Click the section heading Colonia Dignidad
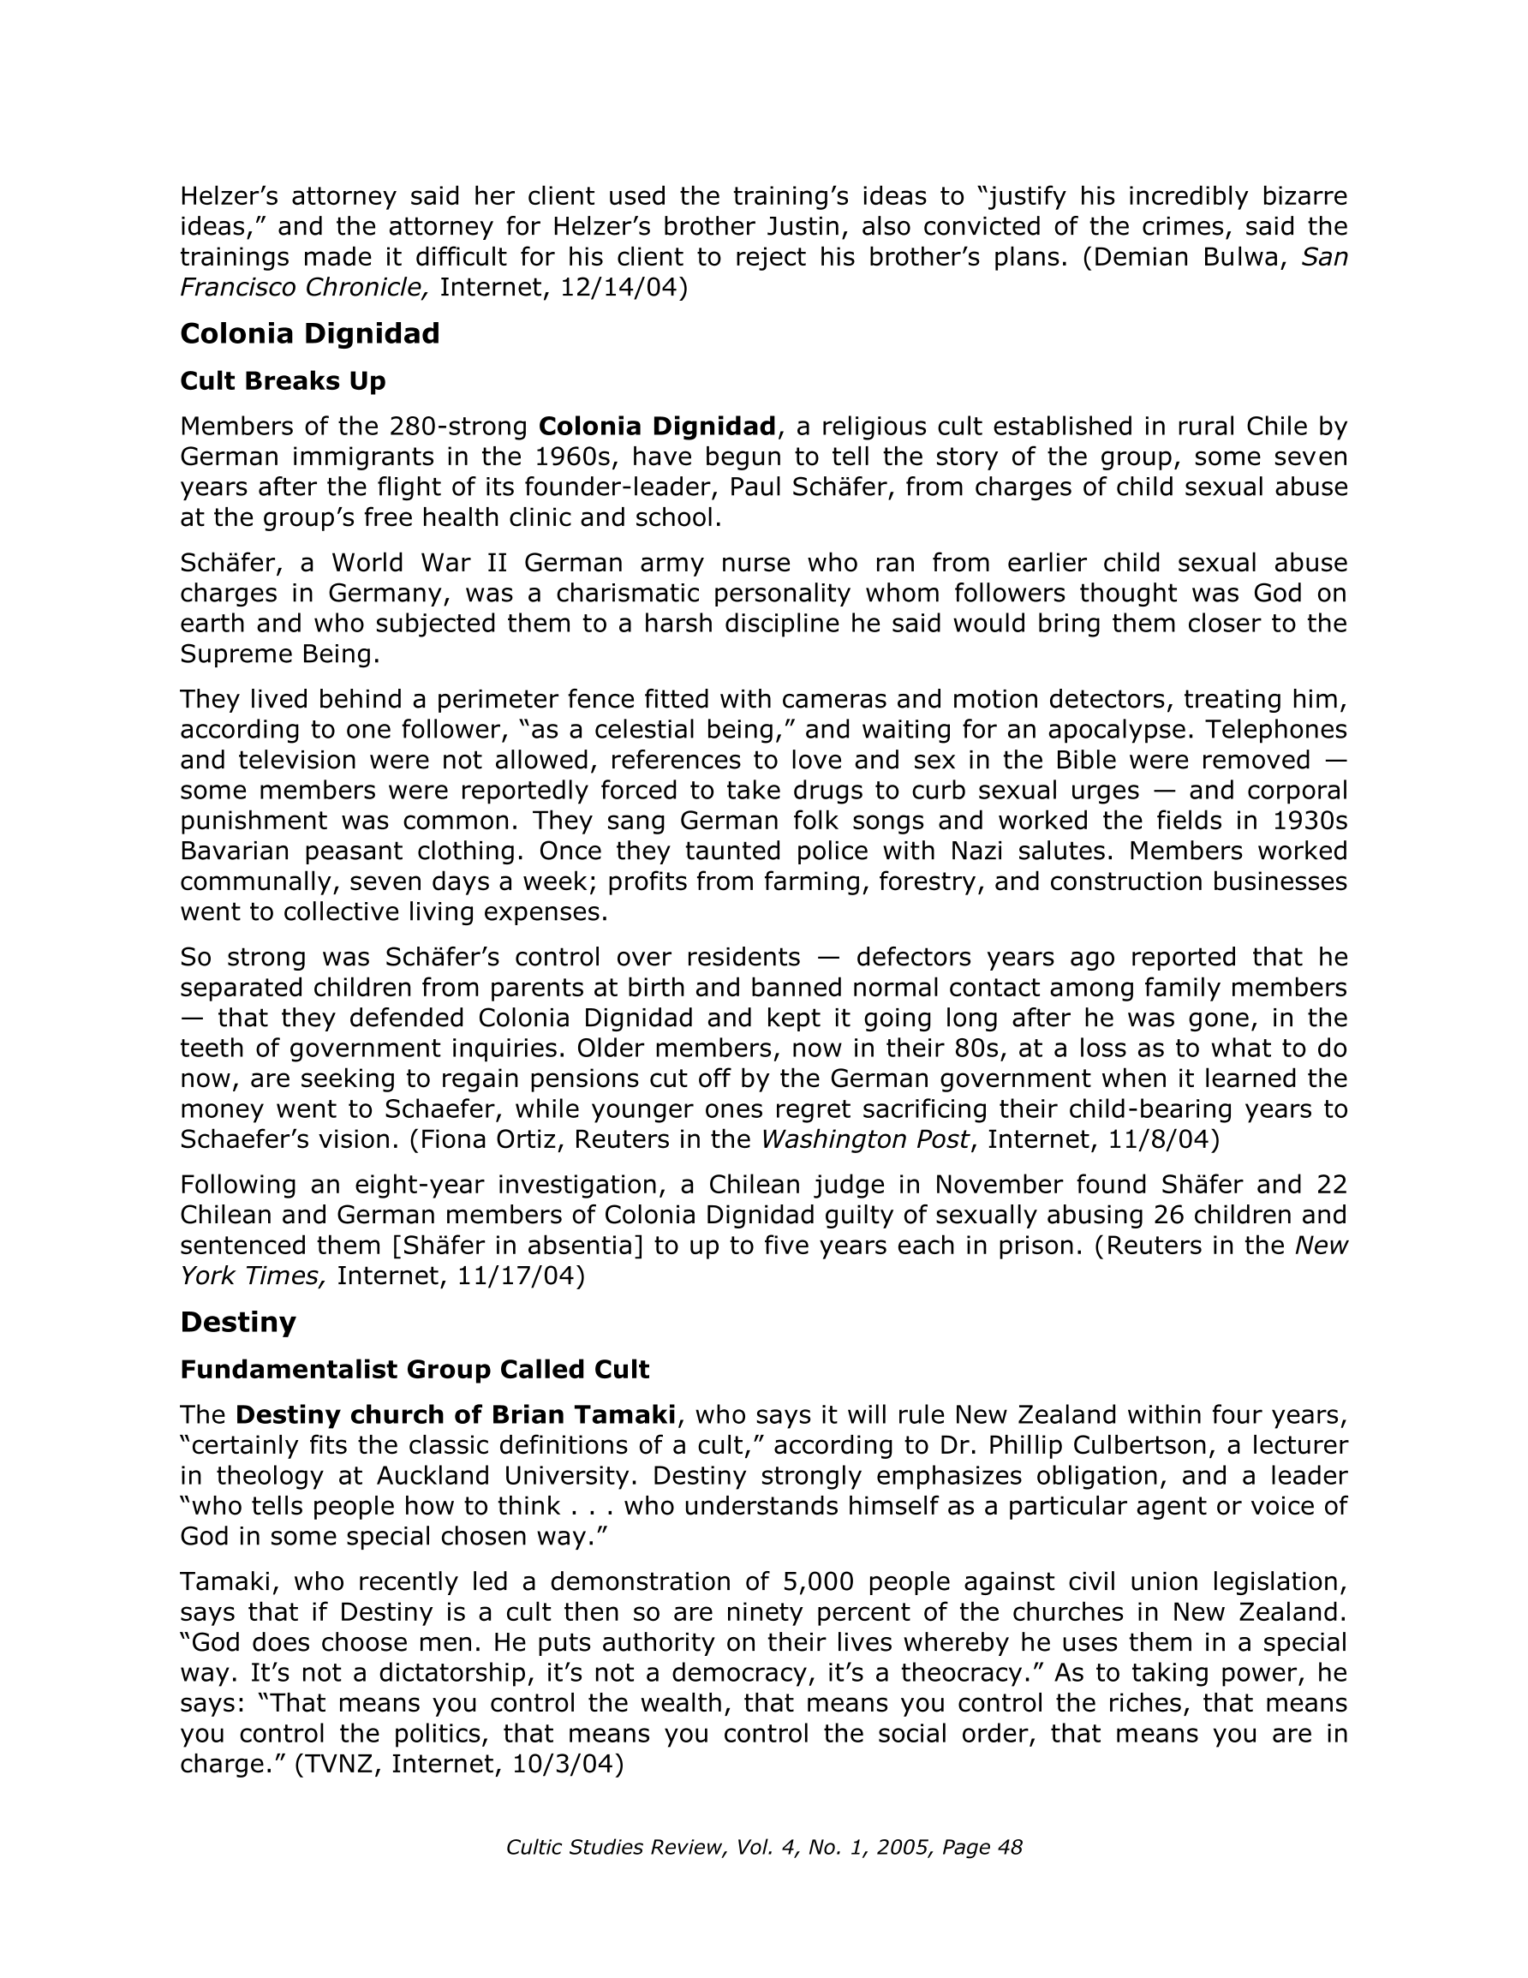tap(310, 334)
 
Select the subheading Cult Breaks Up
tap(283, 381)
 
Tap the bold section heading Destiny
tap(238, 1323)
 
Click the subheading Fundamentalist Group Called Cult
tap(415, 1370)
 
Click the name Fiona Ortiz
tap(486, 1139)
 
